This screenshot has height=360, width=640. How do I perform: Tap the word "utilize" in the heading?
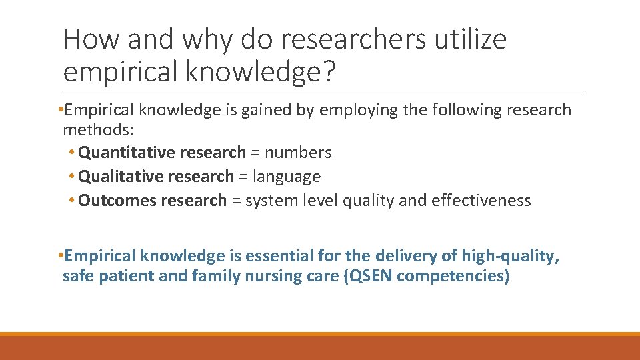pyautogui.click(x=471, y=40)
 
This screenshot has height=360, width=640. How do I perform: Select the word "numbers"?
pyautogui.click(x=298, y=153)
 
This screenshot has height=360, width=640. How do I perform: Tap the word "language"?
pyautogui.click(x=287, y=177)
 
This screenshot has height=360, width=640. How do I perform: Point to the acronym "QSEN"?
pyautogui.click(x=369, y=276)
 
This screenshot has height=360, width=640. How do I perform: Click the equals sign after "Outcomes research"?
pyautogui.click(x=236, y=201)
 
